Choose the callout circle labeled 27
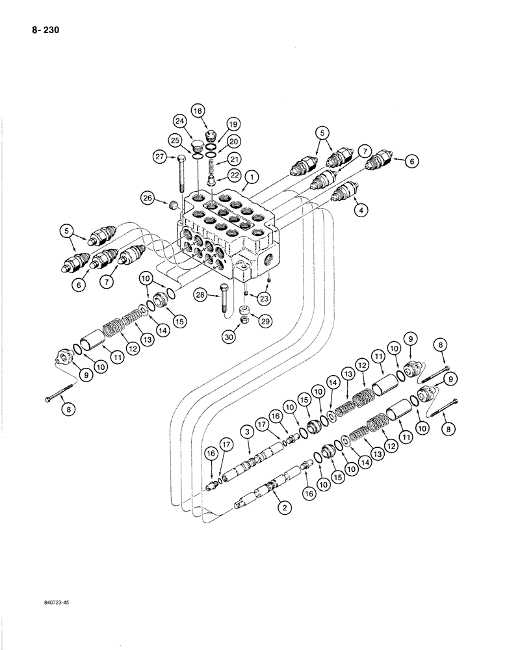tap(160, 156)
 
